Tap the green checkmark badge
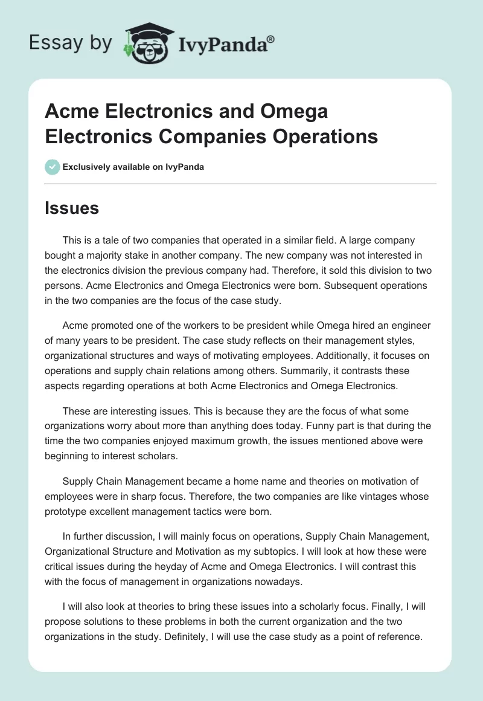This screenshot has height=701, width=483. pyautogui.click(x=53, y=167)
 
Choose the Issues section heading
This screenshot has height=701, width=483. pyautogui.click(x=71, y=208)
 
